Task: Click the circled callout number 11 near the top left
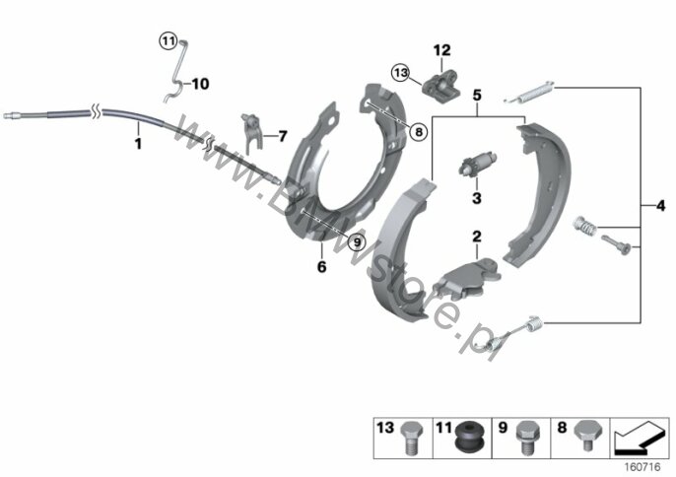[168, 41]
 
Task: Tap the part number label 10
[200, 84]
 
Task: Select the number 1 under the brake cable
[138, 144]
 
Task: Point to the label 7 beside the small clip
[283, 136]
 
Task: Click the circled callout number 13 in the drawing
[401, 73]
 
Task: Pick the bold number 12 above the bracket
[441, 50]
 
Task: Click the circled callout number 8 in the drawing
[419, 131]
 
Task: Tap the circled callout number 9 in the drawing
[357, 242]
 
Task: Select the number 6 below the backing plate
[321, 266]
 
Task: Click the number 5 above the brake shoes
[477, 96]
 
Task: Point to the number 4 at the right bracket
[660, 206]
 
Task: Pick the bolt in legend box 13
[410, 439]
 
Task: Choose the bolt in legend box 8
[586, 436]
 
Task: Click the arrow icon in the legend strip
[639, 438]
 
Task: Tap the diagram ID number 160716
[642, 467]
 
